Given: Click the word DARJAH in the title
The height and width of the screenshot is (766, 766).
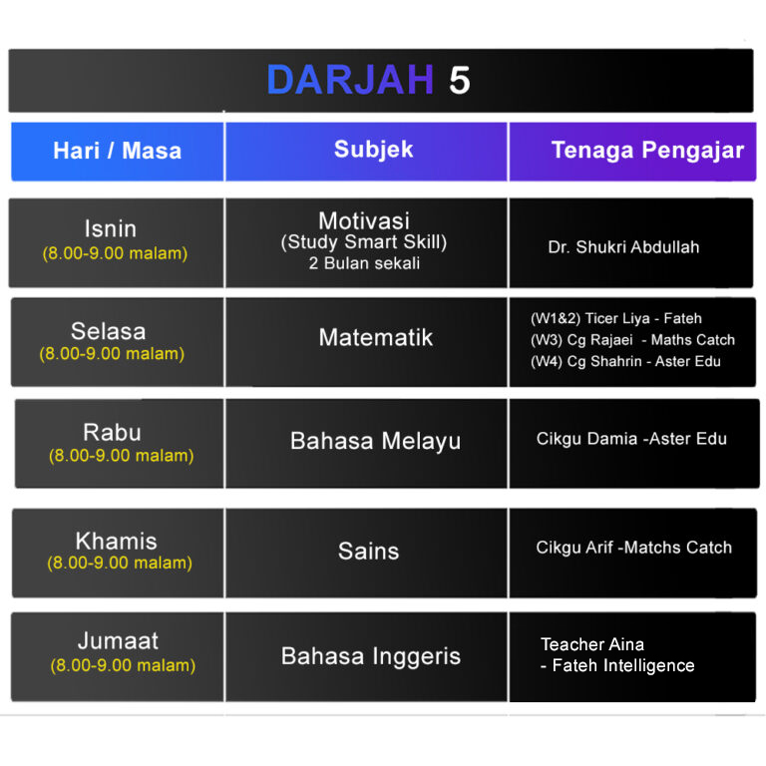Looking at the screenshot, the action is (x=350, y=80).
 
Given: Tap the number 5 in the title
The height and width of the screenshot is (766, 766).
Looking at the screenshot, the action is (x=460, y=80).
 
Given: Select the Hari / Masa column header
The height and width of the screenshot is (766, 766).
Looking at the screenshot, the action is (x=118, y=151).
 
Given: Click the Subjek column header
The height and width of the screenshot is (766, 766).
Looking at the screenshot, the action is (x=374, y=150).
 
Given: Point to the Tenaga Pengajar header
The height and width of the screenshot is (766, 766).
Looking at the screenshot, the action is (x=647, y=150).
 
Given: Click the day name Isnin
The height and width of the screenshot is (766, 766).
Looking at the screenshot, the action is (x=111, y=228).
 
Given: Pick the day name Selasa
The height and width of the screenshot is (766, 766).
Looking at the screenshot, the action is (x=109, y=331).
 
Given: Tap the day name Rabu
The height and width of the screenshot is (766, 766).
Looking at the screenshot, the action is (x=113, y=432).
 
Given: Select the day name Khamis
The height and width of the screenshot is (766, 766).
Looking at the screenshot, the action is (x=117, y=542).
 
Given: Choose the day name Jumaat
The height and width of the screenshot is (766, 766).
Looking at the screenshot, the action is (x=119, y=641).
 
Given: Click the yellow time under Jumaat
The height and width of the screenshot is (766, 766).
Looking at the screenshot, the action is (x=123, y=665).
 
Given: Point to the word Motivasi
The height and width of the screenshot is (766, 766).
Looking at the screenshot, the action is (x=364, y=220).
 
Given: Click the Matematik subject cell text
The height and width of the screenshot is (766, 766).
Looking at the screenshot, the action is (x=376, y=337).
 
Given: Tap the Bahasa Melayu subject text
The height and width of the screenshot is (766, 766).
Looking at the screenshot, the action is (x=376, y=441).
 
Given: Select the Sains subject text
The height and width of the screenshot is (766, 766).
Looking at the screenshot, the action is (x=369, y=551).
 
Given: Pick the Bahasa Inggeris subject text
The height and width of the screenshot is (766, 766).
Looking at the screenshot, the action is (x=371, y=656).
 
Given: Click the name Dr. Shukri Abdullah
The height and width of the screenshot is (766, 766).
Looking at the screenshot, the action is (x=623, y=247).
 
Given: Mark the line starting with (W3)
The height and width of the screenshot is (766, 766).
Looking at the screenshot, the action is (x=632, y=340).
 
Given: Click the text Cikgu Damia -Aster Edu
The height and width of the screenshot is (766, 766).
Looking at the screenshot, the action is (x=631, y=439).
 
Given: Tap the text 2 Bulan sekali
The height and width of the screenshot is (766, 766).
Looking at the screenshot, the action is (x=364, y=263).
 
